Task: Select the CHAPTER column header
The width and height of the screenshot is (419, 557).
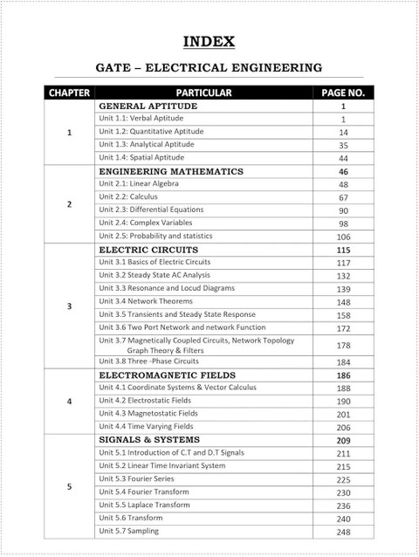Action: [x=69, y=92]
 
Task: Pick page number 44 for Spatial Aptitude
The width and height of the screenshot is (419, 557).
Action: [x=343, y=158]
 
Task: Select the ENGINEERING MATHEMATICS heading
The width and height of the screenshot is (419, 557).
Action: [x=170, y=171]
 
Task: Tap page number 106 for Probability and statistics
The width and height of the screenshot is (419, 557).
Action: [x=343, y=237]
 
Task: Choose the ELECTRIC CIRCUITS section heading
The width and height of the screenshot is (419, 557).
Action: [x=143, y=250]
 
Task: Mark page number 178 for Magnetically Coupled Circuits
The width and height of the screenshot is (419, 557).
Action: [x=343, y=346]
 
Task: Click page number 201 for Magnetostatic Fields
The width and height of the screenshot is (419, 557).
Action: [x=343, y=414]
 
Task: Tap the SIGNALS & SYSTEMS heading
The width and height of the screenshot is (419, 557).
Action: [x=150, y=439]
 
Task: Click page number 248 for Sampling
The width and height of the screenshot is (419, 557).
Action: [x=343, y=533]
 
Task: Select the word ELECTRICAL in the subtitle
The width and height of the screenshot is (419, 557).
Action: [x=204, y=65]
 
